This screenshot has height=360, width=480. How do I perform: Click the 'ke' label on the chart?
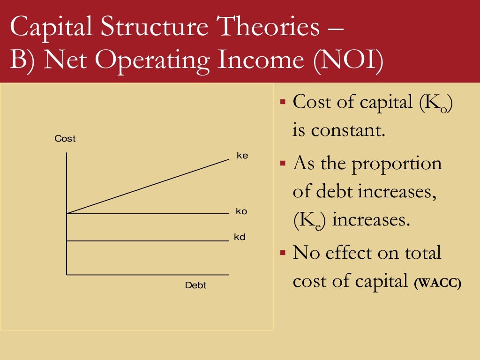coord(242,156)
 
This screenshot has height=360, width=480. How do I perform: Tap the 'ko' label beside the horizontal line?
coord(241,211)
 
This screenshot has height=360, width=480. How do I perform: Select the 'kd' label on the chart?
coord(240,237)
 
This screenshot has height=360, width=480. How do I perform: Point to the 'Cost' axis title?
coord(65,139)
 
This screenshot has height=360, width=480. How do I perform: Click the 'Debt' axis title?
coord(195,285)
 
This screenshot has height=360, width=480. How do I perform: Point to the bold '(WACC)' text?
coord(438,283)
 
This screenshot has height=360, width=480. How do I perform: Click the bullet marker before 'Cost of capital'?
coord(283,101)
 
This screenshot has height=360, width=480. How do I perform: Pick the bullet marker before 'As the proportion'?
coord(283,164)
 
